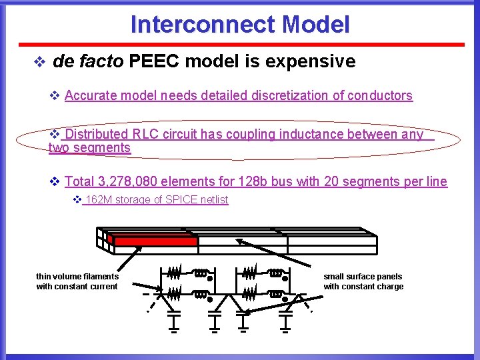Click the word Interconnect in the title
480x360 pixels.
coord(203,25)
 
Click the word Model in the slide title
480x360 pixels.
coord(315,25)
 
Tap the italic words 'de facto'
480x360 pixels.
coord(88,62)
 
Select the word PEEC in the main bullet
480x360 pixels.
coord(155,62)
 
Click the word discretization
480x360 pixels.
coord(290,96)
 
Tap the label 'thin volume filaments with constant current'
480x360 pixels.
coord(77,281)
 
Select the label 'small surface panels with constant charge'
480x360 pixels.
coord(363,281)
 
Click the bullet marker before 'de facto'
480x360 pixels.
coord(39,63)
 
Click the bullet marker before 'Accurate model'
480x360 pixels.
coord(56,96)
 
